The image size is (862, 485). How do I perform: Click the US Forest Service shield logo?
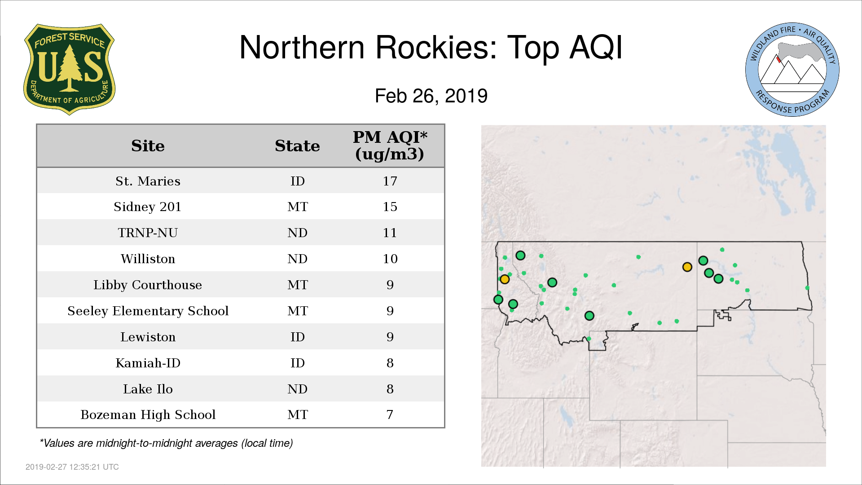[69, 70]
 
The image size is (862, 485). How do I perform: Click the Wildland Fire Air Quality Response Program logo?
[792, 70]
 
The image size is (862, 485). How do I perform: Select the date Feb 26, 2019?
[431, 96]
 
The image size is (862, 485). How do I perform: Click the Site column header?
[148, 146]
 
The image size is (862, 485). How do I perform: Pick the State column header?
[297, 146]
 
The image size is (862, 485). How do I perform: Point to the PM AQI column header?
[390, 145]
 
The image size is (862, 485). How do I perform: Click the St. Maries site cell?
[148, 181]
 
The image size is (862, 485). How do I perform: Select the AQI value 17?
[390, 181]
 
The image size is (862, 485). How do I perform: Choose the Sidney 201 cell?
[148, 207]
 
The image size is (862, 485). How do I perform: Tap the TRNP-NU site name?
[148, 233]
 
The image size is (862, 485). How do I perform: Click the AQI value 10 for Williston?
[390, 259]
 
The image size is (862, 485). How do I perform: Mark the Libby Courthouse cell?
[148, 285]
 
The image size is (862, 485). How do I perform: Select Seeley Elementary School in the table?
[148, 311]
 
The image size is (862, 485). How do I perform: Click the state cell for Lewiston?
[297, 337]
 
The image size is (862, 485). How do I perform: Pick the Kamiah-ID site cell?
[148, 363]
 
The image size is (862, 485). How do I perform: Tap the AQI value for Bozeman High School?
[390, 414]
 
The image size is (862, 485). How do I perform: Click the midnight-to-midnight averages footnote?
[166, 443]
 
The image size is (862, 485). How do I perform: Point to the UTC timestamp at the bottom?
[72, 467]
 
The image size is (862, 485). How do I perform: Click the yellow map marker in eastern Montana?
[687, 267]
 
